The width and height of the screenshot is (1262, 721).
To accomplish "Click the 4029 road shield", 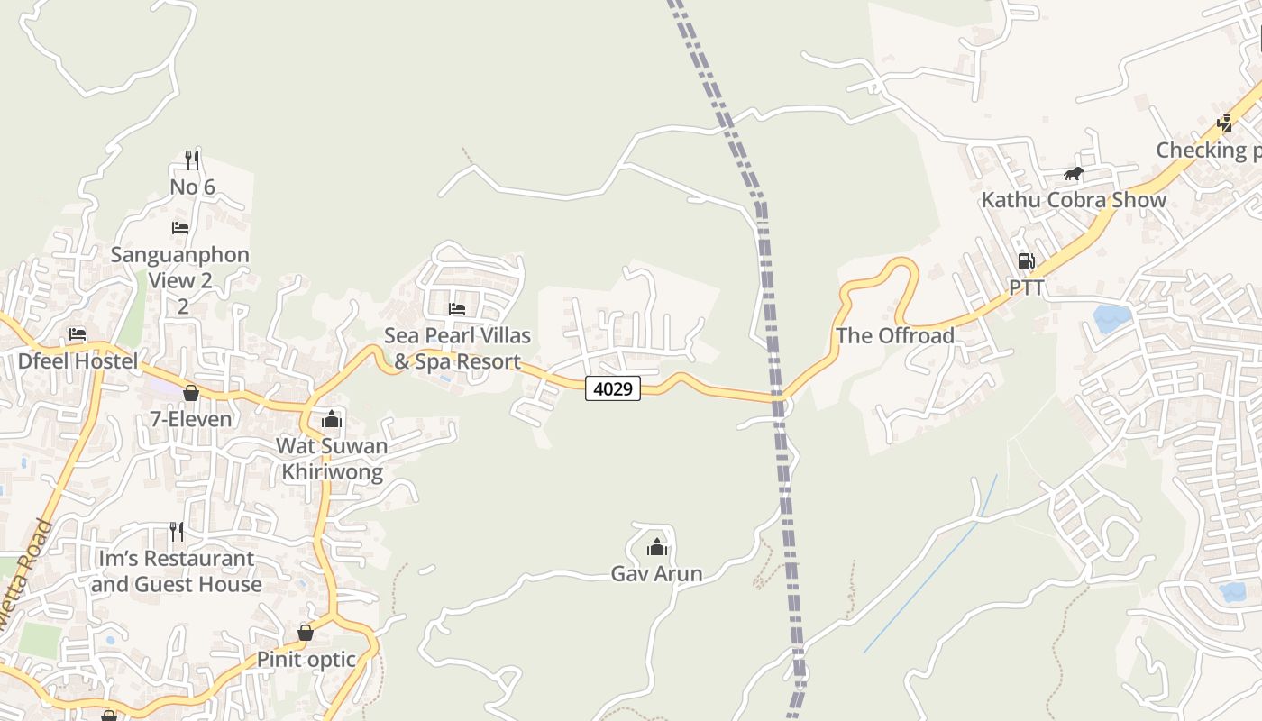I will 613,388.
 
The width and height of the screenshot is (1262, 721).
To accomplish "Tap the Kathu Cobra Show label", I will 1074,200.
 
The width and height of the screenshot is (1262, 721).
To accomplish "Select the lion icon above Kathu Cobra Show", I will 1073,174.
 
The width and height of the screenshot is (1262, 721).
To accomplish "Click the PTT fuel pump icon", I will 1026,262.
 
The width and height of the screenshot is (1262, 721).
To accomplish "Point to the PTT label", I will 1026,287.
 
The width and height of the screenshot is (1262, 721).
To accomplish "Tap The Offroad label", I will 894,336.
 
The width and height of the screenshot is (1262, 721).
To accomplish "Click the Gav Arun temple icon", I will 657,547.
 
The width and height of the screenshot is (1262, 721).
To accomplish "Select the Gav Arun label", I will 656,574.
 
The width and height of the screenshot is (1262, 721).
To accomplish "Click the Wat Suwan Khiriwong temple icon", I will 332,419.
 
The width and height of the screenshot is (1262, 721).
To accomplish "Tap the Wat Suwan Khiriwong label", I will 332,459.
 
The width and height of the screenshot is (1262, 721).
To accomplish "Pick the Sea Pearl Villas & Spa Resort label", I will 457,349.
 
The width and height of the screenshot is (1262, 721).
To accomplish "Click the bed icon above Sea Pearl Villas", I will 457,309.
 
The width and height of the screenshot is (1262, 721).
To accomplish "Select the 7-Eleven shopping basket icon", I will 190,393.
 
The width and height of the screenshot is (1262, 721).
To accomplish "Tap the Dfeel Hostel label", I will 78,362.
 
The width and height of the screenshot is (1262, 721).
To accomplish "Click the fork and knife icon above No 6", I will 192,160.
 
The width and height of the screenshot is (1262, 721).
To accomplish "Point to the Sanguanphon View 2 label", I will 180,267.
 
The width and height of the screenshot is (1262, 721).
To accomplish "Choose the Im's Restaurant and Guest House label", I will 176,571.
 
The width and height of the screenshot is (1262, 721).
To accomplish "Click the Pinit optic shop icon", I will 306,633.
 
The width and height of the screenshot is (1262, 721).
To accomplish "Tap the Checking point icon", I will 1224,123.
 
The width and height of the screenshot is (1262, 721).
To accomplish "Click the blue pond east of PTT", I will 1111,317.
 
